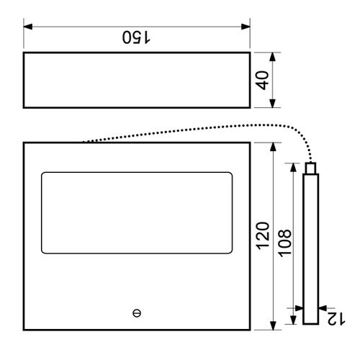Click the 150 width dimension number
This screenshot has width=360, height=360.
136,37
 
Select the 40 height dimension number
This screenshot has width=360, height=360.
262,81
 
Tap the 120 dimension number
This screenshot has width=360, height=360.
263,236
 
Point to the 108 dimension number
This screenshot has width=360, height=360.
285,243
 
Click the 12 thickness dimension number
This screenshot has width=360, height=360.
336,319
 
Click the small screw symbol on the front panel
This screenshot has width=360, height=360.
137,313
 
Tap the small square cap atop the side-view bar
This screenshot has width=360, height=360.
310,168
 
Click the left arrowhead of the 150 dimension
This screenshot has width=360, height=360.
28,27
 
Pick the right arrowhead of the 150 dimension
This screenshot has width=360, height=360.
246,27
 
